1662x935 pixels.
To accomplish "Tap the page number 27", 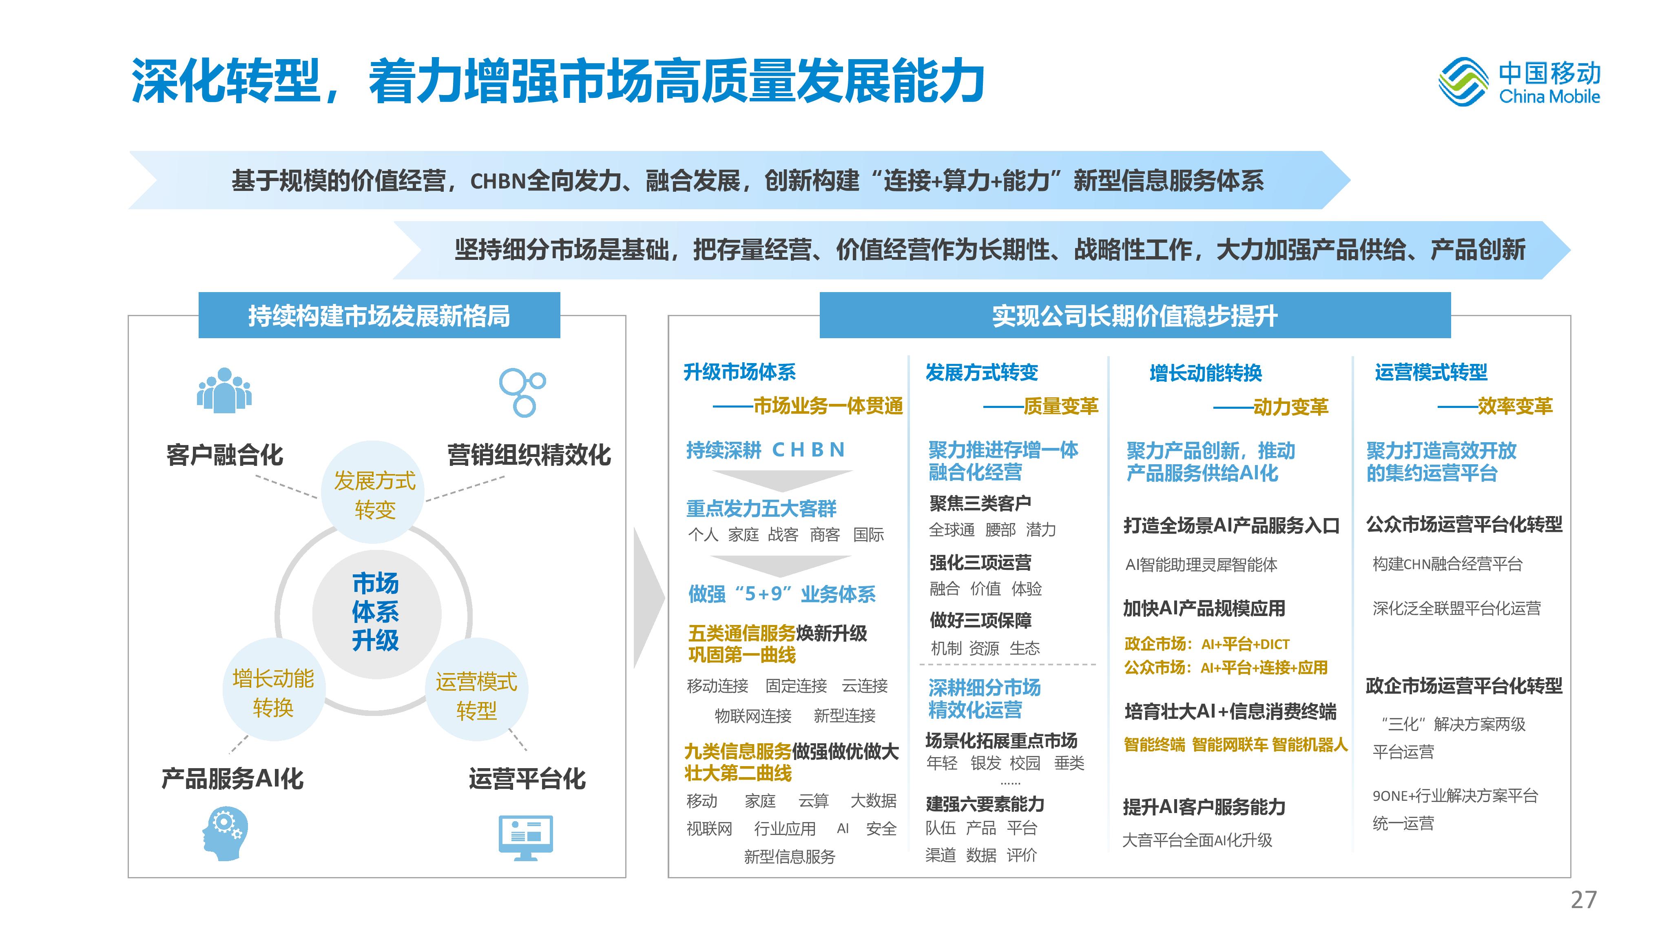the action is [x=1583, y=900].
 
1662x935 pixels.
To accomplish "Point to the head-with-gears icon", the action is [x=225, y=833].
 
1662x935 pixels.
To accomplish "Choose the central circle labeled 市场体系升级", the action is [x=376, y=614].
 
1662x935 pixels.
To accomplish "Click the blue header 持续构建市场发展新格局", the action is [x=379, y=315].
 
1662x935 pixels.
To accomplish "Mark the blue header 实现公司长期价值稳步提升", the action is [x=1135, y=315].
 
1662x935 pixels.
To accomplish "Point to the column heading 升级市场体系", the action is [x=739, y=372].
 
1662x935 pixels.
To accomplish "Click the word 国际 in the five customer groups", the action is [x=868, y=535].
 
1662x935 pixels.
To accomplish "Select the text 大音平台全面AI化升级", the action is [x=1197, y=840].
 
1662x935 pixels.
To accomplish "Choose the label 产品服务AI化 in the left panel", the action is [x=232, y=779].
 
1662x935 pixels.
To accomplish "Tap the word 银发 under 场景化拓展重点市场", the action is [x=986, y=763].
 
